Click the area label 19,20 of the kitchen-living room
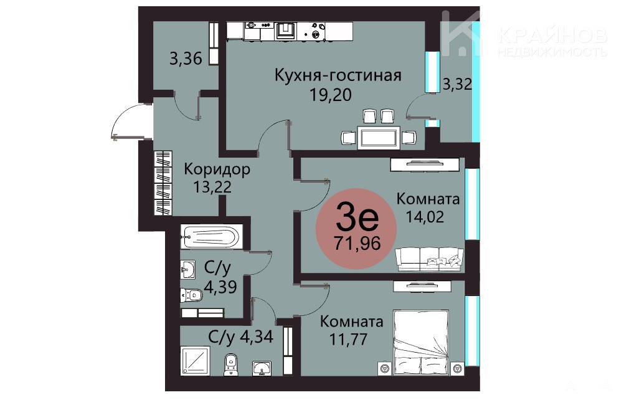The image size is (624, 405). pos(330,95)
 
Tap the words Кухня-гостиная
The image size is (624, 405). pos(338,75)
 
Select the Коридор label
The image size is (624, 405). pos(217,169)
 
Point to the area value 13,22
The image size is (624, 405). pos(212,186)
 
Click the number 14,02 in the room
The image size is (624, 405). pos(425,217)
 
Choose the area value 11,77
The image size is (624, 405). pos(348,340)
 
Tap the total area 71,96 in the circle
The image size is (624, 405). pos(357,242)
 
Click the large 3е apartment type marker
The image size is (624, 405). pos(357,218)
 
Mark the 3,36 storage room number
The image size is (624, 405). pos(186,59)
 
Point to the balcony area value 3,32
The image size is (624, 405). pos(457,84)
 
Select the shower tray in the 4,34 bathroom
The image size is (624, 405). pos(195,361)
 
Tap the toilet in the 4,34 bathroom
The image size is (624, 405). pos(230,364)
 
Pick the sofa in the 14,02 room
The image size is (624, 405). pos(430,259)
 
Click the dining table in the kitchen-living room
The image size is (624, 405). pos(379,138)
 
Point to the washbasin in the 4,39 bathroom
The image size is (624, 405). pos(188,270)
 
